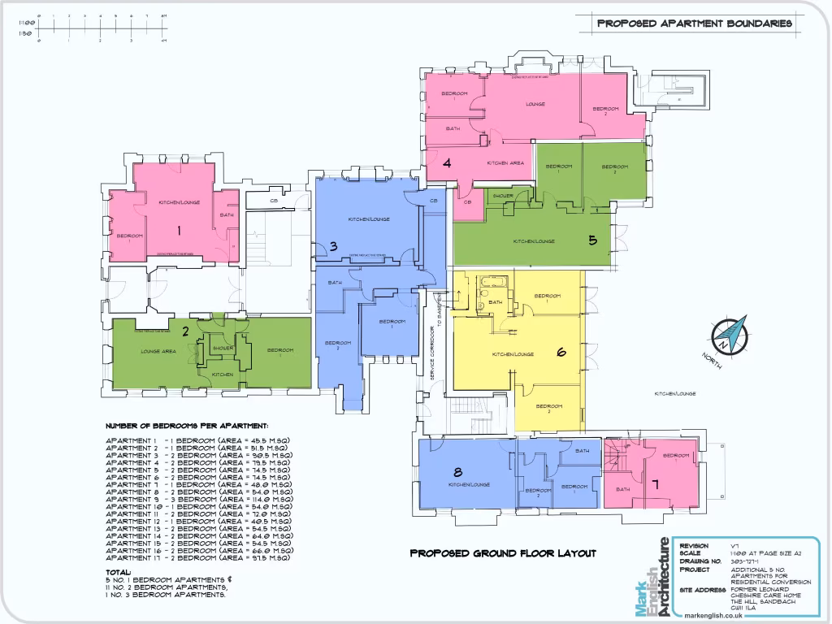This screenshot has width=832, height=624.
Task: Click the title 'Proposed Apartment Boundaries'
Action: [695, 24]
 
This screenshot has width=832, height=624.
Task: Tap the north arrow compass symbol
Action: [729, 335]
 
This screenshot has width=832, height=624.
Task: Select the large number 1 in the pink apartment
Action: [179, 231]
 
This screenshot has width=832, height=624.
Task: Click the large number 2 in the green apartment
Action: [185, 331]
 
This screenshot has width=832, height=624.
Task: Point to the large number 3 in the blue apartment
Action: [333, 247]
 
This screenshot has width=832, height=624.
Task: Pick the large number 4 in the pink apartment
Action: [447, 162]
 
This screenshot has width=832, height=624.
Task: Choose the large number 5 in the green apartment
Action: [593, 240]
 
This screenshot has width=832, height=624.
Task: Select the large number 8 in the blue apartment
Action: [457, 472]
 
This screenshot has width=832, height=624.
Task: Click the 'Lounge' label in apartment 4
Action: [535, 104]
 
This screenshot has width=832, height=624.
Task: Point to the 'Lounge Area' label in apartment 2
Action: [158, 351]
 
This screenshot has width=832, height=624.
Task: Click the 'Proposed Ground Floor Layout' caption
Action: [502, 553]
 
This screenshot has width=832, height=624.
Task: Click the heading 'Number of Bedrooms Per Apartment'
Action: [187, 426]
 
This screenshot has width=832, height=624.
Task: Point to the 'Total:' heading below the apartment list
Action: [119, 572]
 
